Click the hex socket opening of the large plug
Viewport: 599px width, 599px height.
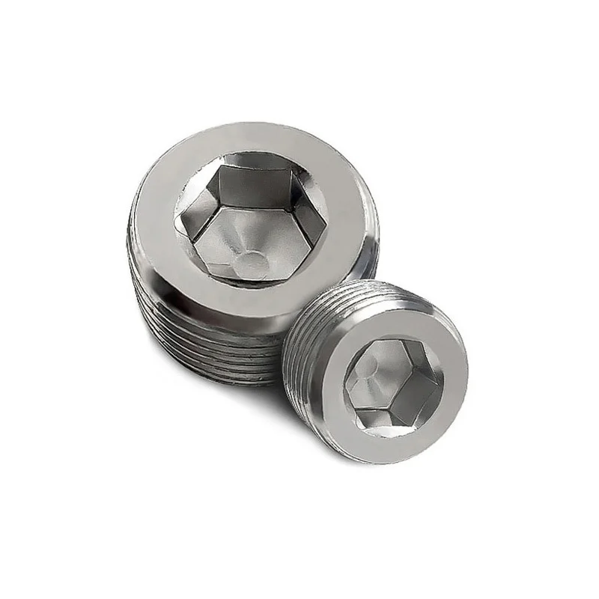click(x=251, y=217)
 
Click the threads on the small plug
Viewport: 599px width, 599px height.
click(x=299, y=337)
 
